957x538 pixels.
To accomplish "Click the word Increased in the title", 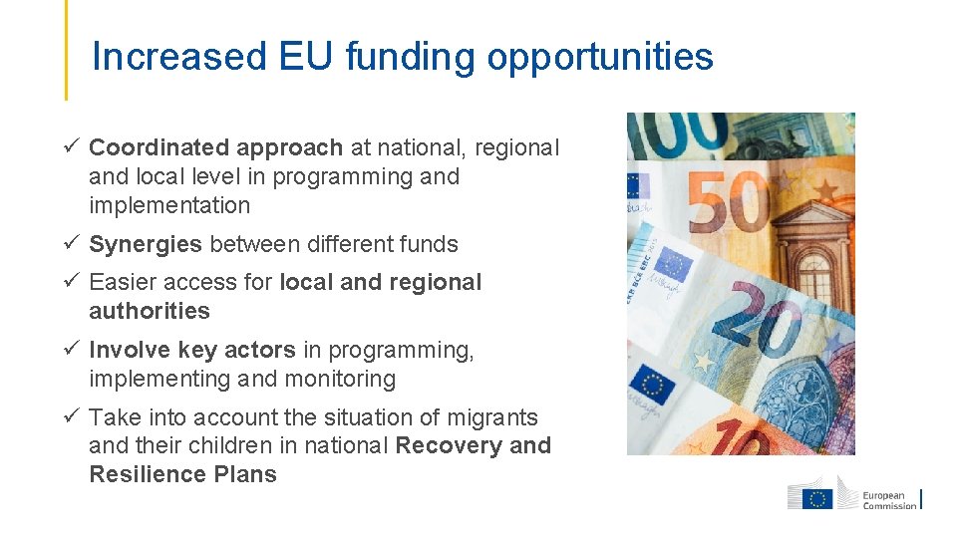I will point(178,57).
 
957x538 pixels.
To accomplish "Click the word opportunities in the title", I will point(600,58).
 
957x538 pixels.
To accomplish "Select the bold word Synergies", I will point(146,244).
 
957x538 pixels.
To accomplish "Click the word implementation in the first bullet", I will point(169,205).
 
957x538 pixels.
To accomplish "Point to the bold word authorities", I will point(150,311).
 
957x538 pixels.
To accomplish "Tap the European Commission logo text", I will point(889,500).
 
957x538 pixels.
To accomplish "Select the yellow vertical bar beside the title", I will point(66,50).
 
